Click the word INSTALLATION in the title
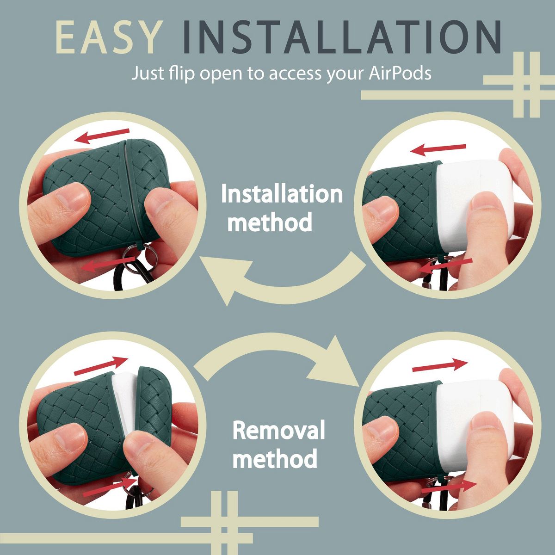tap(342, 37)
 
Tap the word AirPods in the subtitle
tap(400, 74)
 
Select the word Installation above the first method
tap(282, 194)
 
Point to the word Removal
tap(278, 430)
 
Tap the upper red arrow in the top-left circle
tap(102, 136)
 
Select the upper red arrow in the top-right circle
tap(438, 149)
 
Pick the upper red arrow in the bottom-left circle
tap(101, 366)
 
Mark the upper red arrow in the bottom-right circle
tap(440, 364)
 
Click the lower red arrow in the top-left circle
tap(108, 264)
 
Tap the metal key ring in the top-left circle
tap(140, 257)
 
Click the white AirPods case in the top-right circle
tap(475, 205)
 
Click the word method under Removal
tap(275, 458)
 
